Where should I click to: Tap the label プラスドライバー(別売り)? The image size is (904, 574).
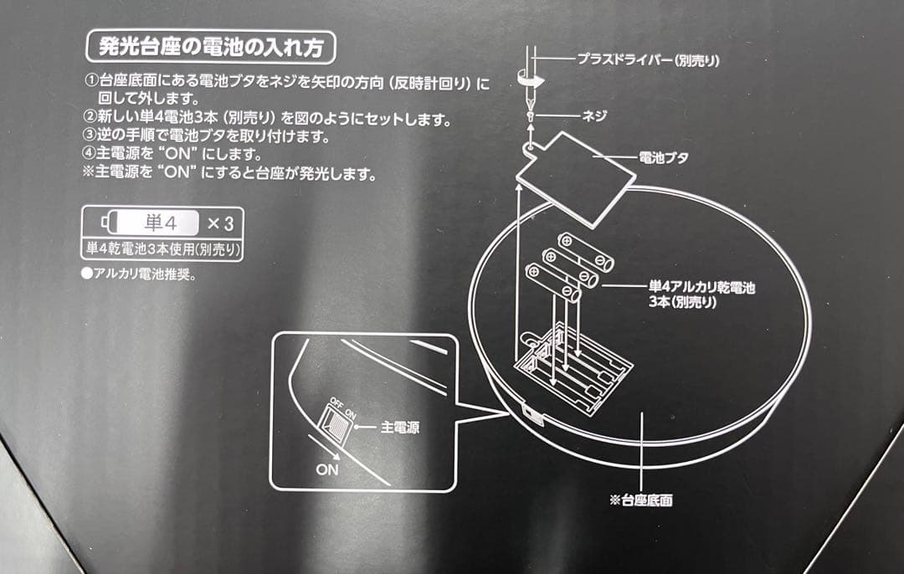pos(648,60)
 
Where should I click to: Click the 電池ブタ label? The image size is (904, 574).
pos(664,156)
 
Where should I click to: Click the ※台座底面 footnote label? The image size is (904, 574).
pos(641,500)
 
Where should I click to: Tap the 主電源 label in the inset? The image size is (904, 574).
pos(399,427)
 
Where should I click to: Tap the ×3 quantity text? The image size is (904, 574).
pos(218,223)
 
